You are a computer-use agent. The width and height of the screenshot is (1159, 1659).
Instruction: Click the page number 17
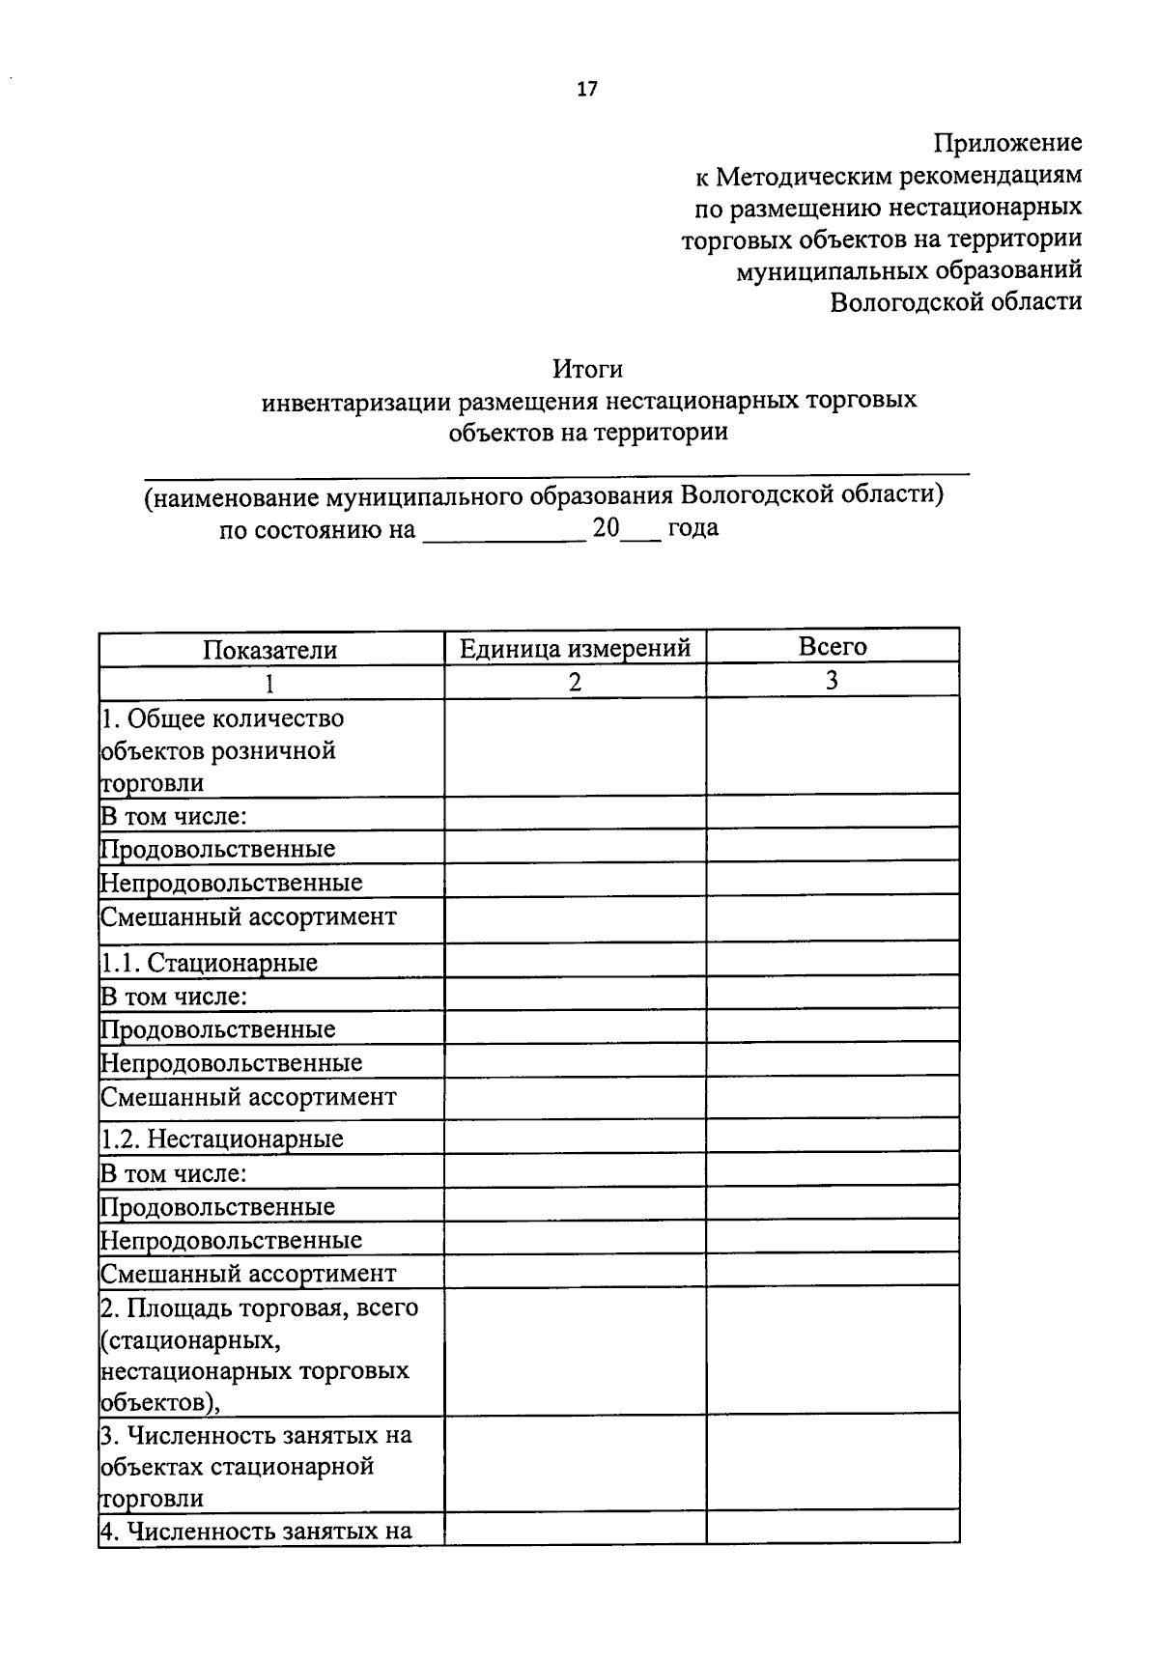pos(587,90)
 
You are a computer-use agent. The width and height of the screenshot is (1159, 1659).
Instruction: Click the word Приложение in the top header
pos(1007,143)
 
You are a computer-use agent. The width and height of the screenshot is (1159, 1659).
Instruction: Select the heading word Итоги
pos(587,369)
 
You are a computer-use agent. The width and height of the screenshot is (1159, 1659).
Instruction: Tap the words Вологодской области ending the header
pos(956,301)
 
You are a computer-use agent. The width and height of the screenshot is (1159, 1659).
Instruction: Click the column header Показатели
pos(269,650)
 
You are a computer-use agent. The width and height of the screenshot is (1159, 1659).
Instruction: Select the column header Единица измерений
pos(575,648)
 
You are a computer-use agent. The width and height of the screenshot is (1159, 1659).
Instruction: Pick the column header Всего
pos(832,646)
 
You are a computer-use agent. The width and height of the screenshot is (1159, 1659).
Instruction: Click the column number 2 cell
pos(575,682)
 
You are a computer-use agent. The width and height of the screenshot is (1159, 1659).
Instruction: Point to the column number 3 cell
pos(832,681)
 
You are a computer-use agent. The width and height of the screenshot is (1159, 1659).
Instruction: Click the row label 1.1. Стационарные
pos(210,962)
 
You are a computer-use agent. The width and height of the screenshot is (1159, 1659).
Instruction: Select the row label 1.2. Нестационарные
pos(222,1139)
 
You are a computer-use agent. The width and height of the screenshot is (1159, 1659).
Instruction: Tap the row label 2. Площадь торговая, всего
pos(259,1308)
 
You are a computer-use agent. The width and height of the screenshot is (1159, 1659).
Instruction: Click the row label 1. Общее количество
pos(222,718)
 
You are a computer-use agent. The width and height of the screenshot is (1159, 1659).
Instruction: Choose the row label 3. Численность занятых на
pos(256,1435)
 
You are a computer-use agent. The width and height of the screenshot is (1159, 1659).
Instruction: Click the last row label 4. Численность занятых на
pos(256,1531)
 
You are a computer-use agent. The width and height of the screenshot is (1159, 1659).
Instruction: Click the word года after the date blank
pos(693,528)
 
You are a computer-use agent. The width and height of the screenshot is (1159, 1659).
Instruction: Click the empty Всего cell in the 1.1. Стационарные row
pos(832,960)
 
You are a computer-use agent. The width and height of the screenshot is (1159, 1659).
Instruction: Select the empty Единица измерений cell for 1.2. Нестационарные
pos(575,1138)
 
